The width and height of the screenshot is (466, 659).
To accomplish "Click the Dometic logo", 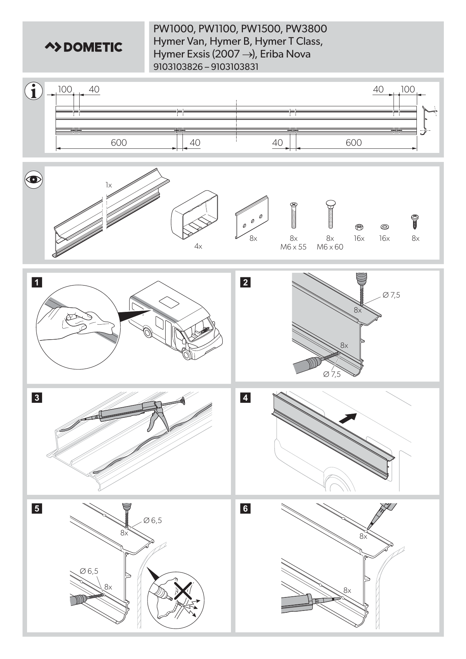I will tap(83, 47).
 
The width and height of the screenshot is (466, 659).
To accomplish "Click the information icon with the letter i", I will tap(33, 91).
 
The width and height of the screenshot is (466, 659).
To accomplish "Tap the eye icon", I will tap(33, 180).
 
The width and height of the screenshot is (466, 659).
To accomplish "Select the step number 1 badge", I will tap(37, 282).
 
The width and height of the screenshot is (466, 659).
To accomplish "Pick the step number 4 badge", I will tap(245, 398).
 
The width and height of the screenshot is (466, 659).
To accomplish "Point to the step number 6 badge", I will tap(245, 508).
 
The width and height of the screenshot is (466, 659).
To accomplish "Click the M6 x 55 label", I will tap(293, 247).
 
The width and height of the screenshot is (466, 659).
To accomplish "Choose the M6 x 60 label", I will tap(330, 247).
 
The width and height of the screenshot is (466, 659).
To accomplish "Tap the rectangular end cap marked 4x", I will tap(195, 217).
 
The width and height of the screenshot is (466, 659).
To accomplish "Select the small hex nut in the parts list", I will tap(359, 227).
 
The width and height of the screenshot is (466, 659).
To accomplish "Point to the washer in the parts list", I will tap(384, 227).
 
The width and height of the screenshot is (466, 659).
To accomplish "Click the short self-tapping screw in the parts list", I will tap(415, 222).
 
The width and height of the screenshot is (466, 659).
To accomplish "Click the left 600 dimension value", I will tap(119, 143).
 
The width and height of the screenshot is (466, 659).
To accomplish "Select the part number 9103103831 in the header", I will tap(235, 67).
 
